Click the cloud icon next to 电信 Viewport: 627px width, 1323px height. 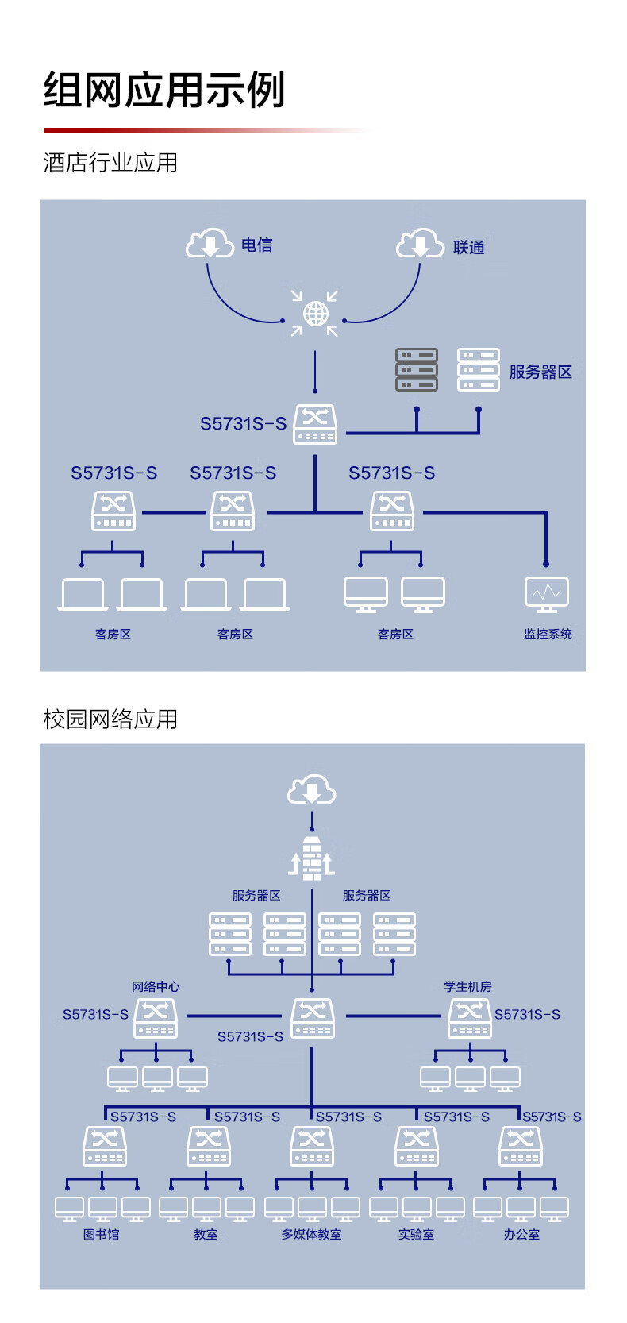click(210, 243)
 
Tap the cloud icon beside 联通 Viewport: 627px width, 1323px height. click(420, 244)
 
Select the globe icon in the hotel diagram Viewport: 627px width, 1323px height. click(315, 314)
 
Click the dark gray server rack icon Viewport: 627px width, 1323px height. click(417, 370)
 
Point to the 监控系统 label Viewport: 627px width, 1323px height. click(548, 634)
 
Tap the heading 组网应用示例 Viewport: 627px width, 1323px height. click(164, 90)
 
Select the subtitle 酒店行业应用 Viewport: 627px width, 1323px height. click(110, 163)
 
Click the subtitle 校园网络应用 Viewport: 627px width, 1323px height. click(110, 719)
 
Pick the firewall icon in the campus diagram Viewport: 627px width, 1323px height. click(312, 858)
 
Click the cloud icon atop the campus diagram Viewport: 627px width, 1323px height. click(312, 791)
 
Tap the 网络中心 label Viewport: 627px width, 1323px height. click(156, 986)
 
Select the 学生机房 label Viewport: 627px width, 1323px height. click(467, 986)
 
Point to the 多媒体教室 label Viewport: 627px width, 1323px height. click(311, 1234)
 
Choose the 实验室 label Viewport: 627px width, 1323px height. click(416, 1234)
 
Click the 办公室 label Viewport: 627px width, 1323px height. click(521, 1234)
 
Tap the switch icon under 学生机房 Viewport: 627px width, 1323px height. click(470, 1018)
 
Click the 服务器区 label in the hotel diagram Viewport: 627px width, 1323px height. click(540, 372)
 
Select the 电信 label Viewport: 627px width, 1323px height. click(256, 245)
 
